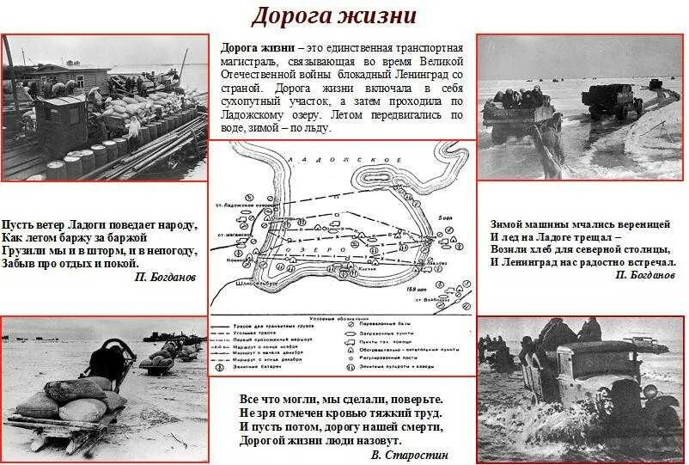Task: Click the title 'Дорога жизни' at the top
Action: [x=334, y=15]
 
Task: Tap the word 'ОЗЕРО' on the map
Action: [x=310, y=247]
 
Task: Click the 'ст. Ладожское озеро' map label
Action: [x=241, y=207]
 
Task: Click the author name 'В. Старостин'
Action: [x=411, y=455]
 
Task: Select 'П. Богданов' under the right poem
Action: [x=644, y=275]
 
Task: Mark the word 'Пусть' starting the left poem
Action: [x=19, y=225]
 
